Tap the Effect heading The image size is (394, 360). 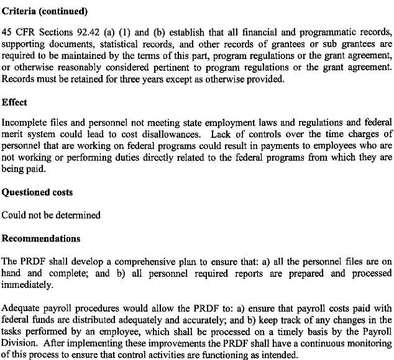point(15,102)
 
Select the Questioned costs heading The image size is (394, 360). point(37,192)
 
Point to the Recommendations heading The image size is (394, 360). point(41,238)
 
